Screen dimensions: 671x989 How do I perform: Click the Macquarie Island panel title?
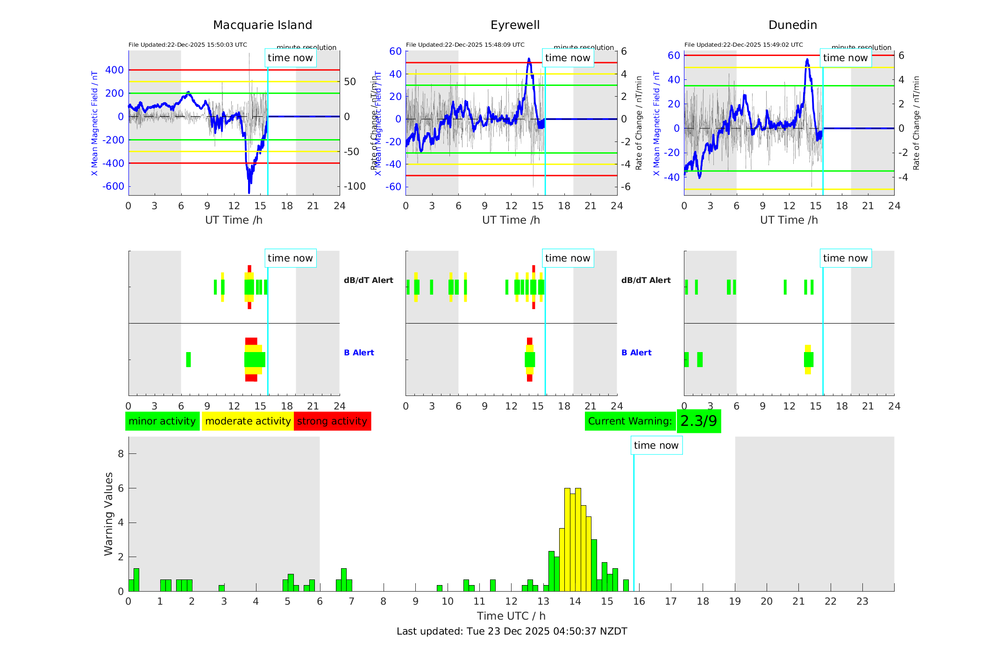tap(262, 25)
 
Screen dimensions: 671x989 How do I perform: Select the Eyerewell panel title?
tap(515, 25)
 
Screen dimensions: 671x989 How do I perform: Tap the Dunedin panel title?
tap(792, 25)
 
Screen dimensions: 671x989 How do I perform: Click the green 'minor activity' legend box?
tap(162, 421)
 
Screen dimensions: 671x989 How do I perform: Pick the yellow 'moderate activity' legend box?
tap(248, 421)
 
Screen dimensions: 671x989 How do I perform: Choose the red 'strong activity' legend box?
tap(332, 421)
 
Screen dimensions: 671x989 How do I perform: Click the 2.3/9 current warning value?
tap(698, 421)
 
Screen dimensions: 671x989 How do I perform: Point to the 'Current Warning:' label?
tap(630, 421)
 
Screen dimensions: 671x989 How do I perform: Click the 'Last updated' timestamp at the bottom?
tap(512, 631)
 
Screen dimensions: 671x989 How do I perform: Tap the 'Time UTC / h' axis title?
tap(511, 616)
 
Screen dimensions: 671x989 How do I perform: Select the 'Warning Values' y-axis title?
tap(108, 514)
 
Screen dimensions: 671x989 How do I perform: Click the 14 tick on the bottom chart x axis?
tap(575, 601)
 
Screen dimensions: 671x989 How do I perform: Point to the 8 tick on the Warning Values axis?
tap(121, 454)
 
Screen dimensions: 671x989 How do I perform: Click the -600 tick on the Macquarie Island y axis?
tap(114, 186)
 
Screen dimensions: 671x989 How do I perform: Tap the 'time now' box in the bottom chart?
tap(656, 445)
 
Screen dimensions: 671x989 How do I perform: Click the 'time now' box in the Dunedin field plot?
tap(845, 58)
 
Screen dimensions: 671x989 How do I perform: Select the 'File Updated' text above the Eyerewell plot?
tap(465, 45)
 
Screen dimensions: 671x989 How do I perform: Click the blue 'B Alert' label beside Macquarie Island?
tap(359, 353)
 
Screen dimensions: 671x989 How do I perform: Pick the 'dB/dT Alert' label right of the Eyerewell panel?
tap(646, 280)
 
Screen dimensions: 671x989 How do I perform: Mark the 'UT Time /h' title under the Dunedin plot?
tap(789, 220)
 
